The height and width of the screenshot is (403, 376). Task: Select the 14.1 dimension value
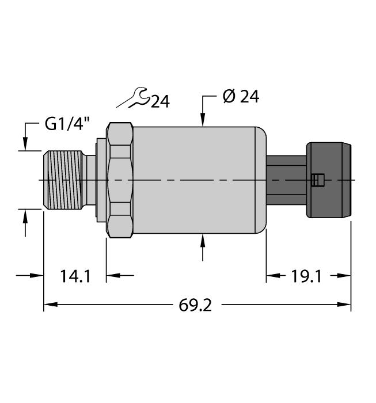point(75,276)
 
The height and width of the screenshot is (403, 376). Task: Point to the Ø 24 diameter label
point(240,97)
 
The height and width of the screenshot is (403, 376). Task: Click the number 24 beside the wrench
point(159,102)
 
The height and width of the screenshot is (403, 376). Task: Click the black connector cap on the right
point(328,180)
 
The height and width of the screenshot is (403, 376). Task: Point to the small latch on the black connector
point(316,180)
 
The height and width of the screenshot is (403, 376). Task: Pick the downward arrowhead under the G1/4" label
point(25,145)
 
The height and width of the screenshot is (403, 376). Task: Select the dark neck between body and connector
point(286,180)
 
